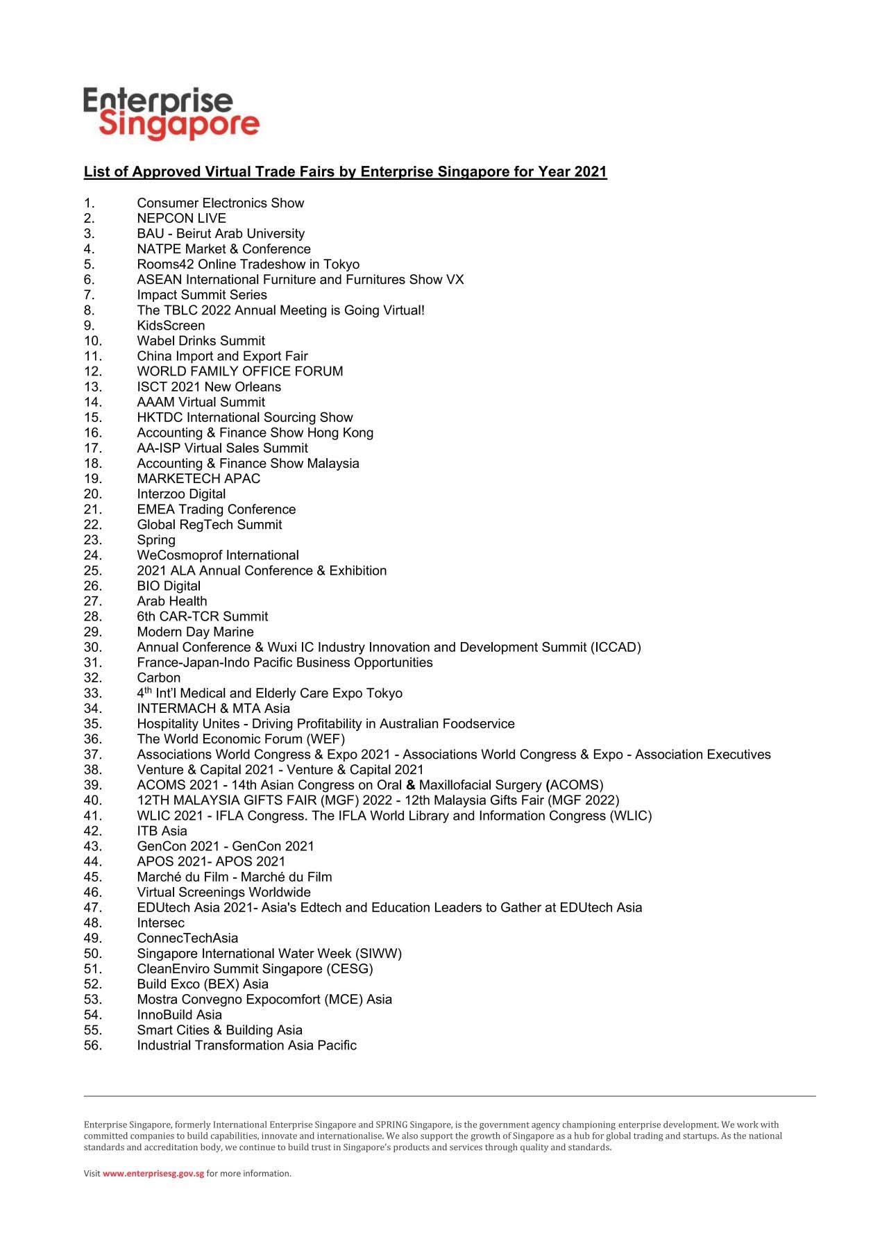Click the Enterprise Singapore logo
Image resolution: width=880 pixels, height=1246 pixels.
coord(171,113)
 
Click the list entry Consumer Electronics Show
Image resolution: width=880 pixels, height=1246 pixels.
coord(220,203)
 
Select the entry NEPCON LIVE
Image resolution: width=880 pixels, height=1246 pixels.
coord(181,218)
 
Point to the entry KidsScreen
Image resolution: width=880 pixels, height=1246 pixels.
coord(171,326)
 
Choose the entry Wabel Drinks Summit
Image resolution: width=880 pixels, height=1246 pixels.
coord(201,341)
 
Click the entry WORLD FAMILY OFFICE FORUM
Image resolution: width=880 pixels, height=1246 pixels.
coord(239,371)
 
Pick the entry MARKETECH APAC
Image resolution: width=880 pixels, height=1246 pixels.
coord(198,478)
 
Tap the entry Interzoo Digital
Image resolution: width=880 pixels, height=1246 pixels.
coord(181,494)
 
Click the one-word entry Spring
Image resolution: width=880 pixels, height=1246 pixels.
coord(156,540)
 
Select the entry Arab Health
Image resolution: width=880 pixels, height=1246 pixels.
coord(171,601)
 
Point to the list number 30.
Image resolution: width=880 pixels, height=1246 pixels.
coord(92,647)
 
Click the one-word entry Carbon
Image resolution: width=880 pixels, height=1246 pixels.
coord(158,677)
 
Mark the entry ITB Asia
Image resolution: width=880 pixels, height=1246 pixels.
coord(162,831)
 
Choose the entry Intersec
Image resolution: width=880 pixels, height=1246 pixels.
coord(160,923)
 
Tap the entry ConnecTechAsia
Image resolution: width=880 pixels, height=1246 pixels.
coord(187,938)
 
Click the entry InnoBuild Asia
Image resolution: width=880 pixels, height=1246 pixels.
coord(179,1015)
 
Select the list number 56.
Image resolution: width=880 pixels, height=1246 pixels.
coord(92,1045)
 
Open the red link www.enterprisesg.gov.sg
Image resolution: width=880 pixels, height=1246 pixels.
coord(153,1174)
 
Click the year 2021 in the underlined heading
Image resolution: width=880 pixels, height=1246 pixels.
coord(590,171)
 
